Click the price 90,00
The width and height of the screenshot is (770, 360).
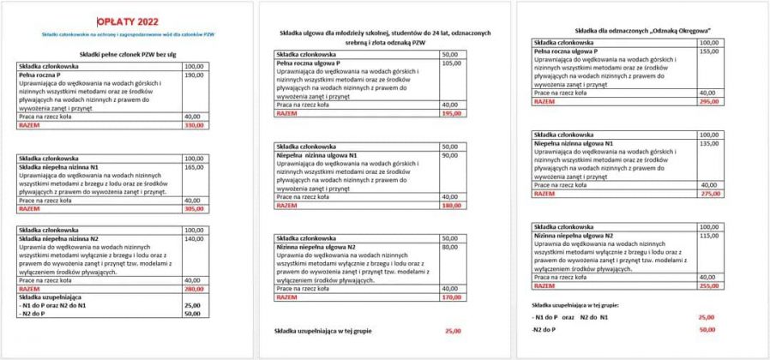tap(449, 155)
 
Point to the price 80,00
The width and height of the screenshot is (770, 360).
tap(449, 246)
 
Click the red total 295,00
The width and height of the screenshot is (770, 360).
tap(707, 101)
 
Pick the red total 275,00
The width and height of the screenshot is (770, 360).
tap(707, 193)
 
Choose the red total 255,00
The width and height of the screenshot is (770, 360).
tap(707, 286)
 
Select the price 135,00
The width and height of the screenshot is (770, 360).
tap(707, 143)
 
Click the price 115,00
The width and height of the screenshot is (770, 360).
tap(707, 235)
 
